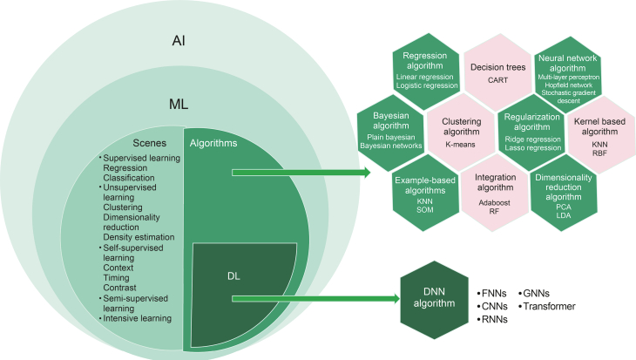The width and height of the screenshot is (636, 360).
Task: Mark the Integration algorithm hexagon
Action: point(496,189)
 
